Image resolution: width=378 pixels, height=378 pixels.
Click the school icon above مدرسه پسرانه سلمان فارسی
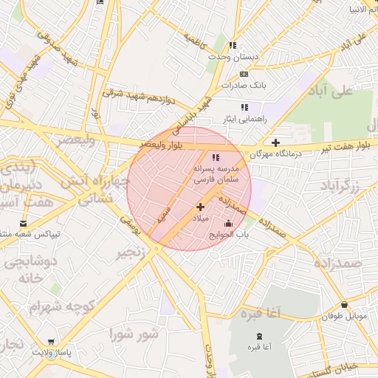click(x=216, y=157)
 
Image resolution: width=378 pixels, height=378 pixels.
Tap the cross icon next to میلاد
click(x=200, y=207)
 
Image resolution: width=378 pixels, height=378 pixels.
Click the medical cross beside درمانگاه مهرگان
click(x=275, y=142)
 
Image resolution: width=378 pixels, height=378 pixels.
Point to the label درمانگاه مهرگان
click(x=275, y=154)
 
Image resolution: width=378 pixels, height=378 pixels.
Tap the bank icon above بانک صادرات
click(x=244, y=74)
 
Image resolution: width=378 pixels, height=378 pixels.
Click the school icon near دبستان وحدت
click(x=233, y=46)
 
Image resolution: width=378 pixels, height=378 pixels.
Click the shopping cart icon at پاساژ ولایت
click(x=50, y=342)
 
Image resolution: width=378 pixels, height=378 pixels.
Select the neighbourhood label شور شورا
click(x=133, y=334)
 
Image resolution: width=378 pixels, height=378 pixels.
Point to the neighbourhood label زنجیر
click(x=131, y=255)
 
